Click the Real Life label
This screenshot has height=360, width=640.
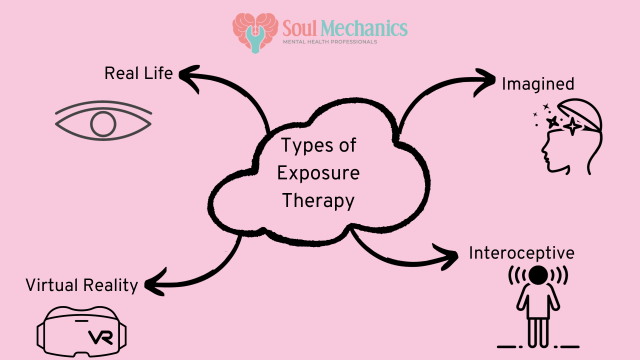(139, 73)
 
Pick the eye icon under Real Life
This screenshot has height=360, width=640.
(104, 124)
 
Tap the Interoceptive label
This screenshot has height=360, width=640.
(521, 252)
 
